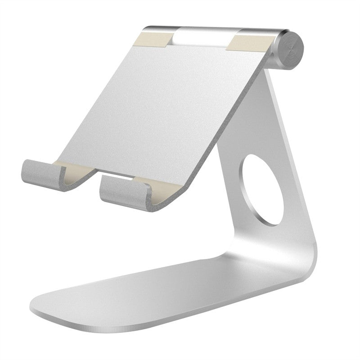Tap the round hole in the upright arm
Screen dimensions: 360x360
coord(262,189)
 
